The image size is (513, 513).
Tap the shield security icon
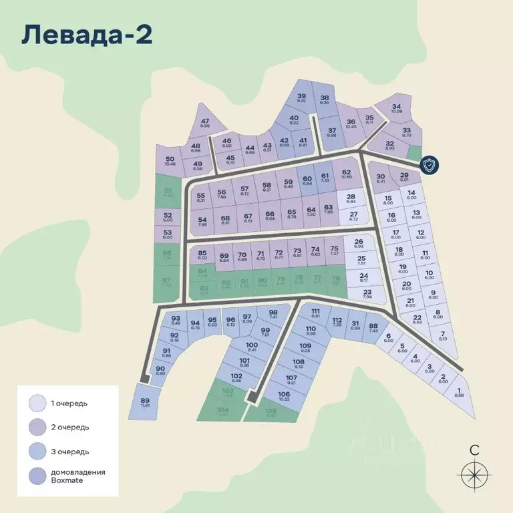tap(430, 165)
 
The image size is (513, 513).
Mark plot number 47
tap(204, 123)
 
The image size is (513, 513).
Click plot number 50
tap(170, 160)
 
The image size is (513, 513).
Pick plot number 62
tap(346, 174)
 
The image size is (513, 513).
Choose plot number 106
tap(284, 396)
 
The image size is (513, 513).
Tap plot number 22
tap(417, 319)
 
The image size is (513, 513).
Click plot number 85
tap(202, 254)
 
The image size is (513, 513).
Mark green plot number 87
tap(167, 282)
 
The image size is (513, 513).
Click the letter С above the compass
tap(474, 450)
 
